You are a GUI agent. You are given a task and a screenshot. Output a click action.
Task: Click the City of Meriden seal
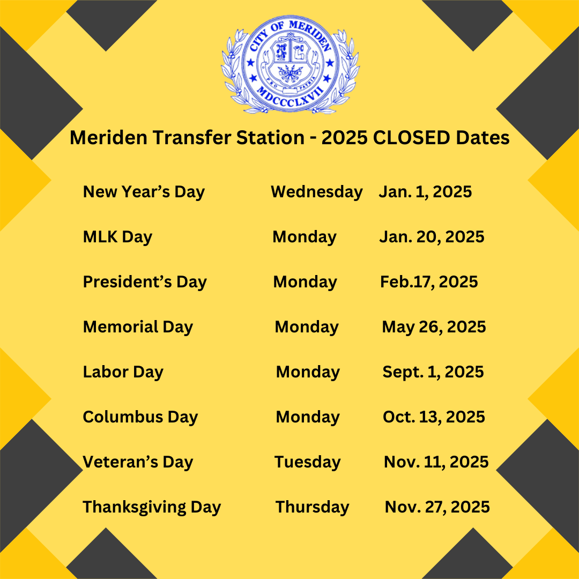[x=290, y=64]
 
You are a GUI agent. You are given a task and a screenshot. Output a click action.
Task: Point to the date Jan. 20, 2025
[x=432, y=237]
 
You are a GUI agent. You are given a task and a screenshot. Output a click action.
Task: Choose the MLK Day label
[x=117, y=237]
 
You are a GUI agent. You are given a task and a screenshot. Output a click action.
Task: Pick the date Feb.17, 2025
[x=429, y=282]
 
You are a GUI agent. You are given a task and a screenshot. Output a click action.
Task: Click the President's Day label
[x=145, y=283]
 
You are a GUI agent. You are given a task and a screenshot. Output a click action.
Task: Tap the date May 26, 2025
[x=434, y=328]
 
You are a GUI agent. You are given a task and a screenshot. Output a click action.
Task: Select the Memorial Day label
[x=138, y=328]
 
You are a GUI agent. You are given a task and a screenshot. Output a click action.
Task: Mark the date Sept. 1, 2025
[x=433, y=373]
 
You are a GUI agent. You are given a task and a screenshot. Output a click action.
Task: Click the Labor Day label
[x=123, y=373]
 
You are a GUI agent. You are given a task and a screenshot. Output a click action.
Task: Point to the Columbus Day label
[x=140, y=417]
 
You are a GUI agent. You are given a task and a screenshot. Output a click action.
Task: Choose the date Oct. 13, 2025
[x=434, y=417]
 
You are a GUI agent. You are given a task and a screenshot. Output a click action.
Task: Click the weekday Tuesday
[x=308, y=463]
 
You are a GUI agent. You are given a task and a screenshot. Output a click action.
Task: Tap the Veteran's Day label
[x=138, y=463]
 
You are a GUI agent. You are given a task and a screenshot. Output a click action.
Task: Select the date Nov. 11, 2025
[x=436, y=462]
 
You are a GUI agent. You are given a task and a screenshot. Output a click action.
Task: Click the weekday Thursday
[x=313, y=507]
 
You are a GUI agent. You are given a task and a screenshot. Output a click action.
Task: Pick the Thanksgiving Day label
[x=152, y=508]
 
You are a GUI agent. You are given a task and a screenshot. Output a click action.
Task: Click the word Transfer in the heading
[x=191, y=138]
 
